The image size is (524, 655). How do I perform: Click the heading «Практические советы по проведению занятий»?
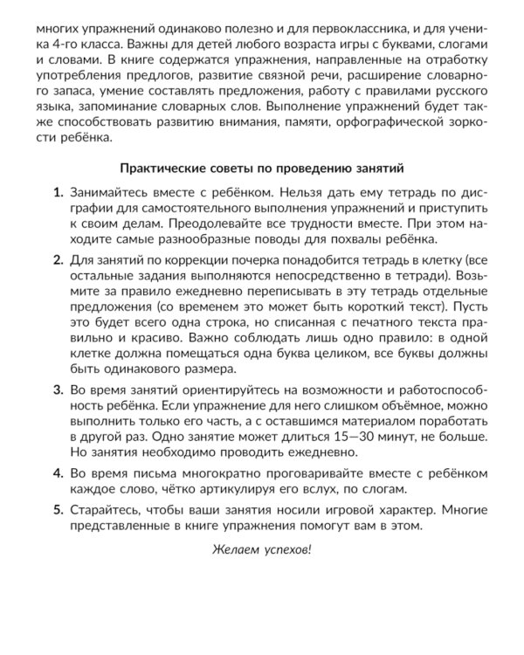tap(262, 164)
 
